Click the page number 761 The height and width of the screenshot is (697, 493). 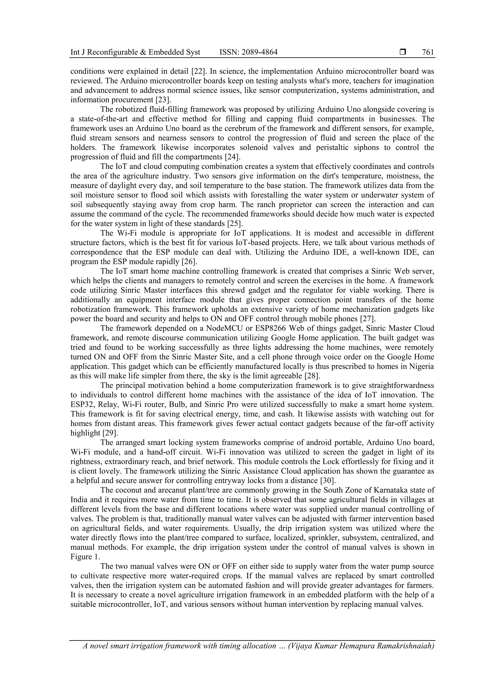(428, 52)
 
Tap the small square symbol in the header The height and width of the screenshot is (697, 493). (403, 52)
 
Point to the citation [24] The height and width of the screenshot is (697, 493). (232, 157)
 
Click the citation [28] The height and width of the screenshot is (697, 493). (312, 376)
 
